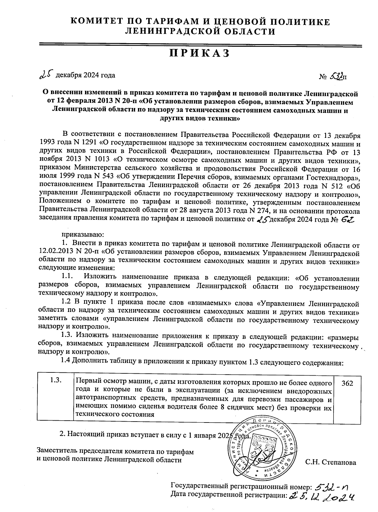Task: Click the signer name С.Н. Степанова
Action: coord(331,463)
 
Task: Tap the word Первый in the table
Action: coord(88,383)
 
